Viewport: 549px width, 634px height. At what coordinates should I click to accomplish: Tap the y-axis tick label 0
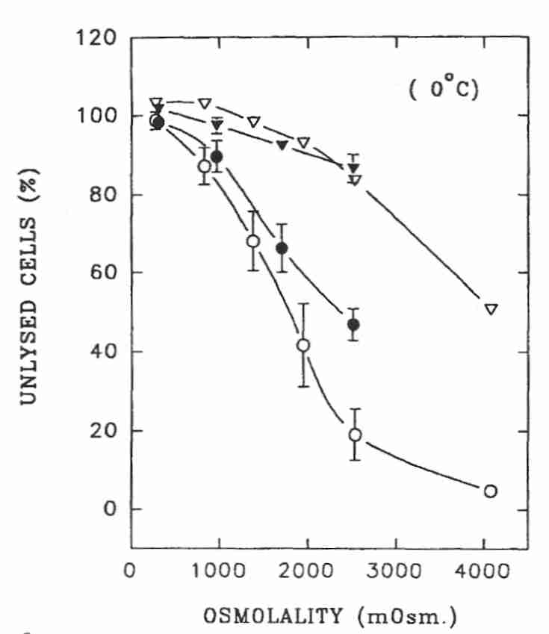tap(110, 510)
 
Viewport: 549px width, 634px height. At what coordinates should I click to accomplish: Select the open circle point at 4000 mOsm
tap(490, 491)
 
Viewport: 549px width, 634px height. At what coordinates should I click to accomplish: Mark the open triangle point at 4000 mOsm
tap(491, 308)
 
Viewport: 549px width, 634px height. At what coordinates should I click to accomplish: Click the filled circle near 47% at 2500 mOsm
tap(353, 324)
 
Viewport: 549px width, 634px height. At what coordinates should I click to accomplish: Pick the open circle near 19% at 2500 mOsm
tap(355, 435)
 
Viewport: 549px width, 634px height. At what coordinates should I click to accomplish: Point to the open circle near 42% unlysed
tap(303, 345)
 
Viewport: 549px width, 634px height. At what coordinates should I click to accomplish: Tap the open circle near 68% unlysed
tap(253, 241)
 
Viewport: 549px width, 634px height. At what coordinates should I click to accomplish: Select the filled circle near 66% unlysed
tap(282, 248)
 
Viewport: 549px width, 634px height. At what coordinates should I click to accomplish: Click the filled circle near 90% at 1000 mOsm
tap(217, 157)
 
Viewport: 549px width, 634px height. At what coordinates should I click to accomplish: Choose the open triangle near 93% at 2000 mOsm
tap(303, 143)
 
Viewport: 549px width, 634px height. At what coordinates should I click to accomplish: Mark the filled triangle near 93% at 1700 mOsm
tap(282, 145)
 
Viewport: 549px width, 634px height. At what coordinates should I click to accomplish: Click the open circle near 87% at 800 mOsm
tap(204, 166)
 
